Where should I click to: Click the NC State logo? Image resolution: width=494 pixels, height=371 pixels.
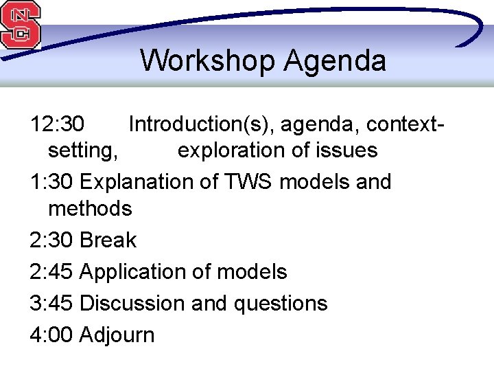tap(21, 25)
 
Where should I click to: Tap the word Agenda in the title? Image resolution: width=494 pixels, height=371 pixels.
tap(335, 60)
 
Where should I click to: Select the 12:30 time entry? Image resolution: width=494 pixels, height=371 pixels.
tap(58, 124)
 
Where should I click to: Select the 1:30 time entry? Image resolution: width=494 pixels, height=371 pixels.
tap(52, 182)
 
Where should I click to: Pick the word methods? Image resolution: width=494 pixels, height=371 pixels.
tap(90, 208)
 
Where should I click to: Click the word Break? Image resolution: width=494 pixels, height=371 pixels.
tap(108, 240)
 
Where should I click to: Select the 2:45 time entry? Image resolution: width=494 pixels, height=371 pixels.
tap(52, 272)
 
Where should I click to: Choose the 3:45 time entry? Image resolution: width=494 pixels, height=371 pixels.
tap(52, 304)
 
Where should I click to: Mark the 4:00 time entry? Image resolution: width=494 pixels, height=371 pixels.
tap(52, 335)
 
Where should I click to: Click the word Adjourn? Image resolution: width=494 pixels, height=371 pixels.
tap(117, 335)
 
